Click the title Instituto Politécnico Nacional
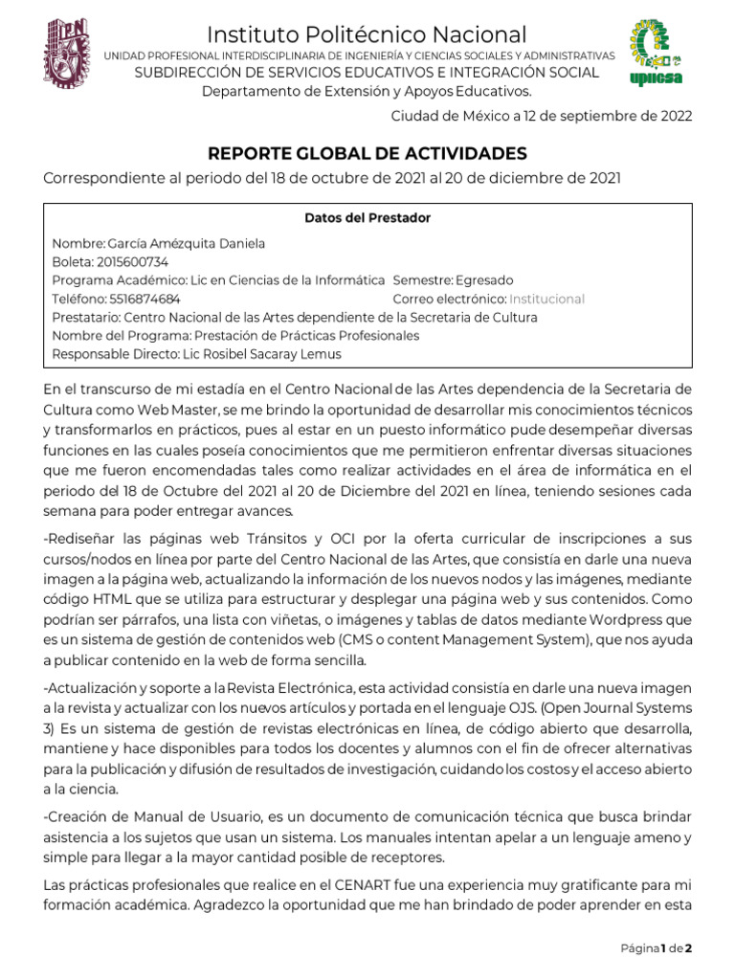click(367, 35)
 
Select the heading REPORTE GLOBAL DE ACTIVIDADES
click(367, 153)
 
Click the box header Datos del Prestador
click(367, 218)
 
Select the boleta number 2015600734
click(132, 262)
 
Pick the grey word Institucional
click(546, 299)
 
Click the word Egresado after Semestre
click(484, 280)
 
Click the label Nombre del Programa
click(121, 335)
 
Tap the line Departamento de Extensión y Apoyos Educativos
click(367, 91)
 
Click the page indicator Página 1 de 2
click(656, 948)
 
